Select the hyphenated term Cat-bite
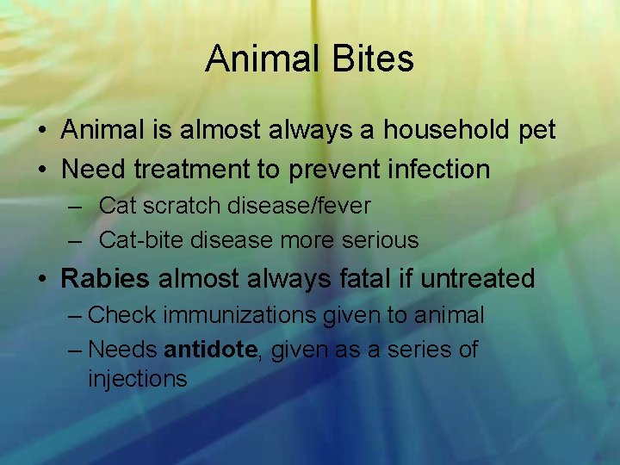142,240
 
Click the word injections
138,379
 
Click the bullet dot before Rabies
43,279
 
